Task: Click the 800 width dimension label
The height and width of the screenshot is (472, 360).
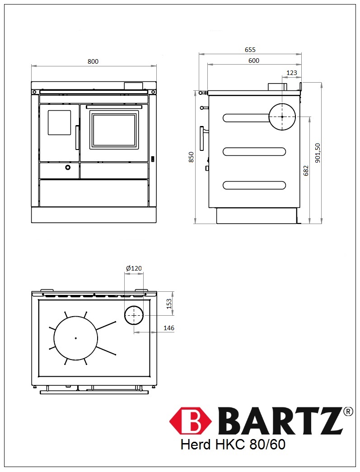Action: (x=93, y=61)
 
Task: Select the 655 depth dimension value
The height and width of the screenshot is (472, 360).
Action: (x=250, y=50)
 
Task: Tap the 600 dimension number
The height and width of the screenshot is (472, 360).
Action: (x=254, y=61)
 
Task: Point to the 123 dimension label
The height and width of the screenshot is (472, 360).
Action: (x=292, y=73)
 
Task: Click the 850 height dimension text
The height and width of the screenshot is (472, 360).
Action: (x=191, y=157)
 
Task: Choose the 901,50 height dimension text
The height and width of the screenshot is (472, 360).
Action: (x=318, y=153)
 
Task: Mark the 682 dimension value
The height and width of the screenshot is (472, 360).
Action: (x=306, y=171)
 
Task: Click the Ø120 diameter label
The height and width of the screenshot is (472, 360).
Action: (x=134, y=268)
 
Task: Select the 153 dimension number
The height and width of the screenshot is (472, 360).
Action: (x=169, y=304)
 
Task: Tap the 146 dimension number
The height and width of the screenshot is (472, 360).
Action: (x=169, y=328)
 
